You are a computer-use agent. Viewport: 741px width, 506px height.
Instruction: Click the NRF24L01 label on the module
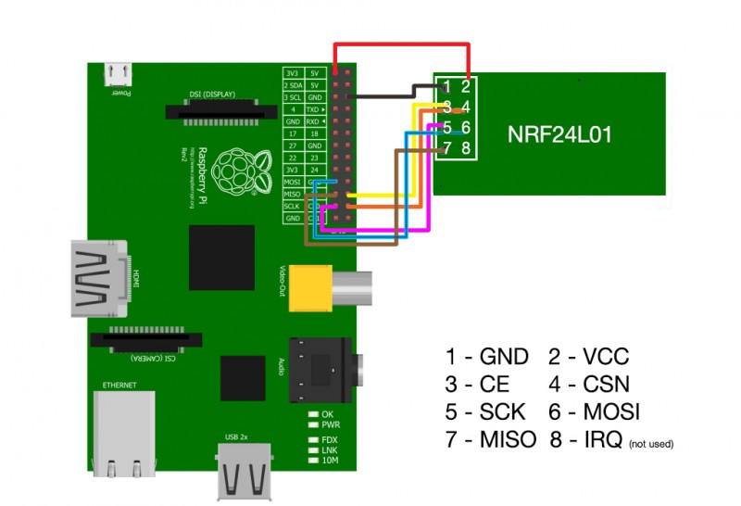pos(559,135)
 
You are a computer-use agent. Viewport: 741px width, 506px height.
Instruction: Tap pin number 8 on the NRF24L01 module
pos(465,147)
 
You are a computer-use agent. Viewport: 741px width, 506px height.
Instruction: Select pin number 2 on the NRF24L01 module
pos(466,86)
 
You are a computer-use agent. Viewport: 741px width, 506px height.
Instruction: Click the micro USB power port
pos(119,73)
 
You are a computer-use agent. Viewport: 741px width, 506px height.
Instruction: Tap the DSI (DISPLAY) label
pos(222,95)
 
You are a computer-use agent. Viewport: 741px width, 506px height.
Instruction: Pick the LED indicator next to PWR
pos(314,425)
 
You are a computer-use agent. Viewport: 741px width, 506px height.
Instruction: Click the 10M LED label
pos(331,461)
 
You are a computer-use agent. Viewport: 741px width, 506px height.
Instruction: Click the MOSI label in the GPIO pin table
pos(292,183)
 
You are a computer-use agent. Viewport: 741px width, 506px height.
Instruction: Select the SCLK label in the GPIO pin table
pos(292,206)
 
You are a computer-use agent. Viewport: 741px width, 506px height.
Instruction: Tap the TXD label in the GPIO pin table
pos(315,108)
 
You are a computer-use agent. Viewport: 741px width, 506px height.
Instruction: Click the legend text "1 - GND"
pos(486,357)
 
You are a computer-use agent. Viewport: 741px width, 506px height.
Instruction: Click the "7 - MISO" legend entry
pos(491,440)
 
